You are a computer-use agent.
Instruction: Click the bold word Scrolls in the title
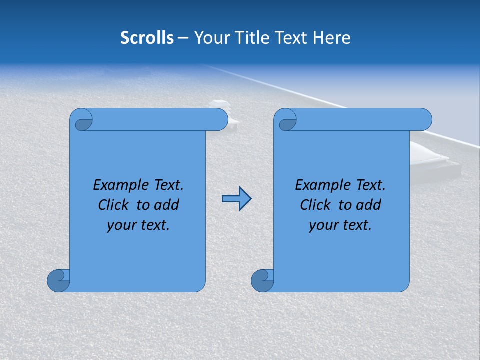(147, 38)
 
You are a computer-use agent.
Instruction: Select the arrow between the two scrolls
(236, 199)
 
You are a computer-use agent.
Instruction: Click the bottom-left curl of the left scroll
(59, 280)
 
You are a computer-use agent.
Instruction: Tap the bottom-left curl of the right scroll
(262, 280)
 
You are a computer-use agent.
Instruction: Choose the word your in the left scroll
(120, 225)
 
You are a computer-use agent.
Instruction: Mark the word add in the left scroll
(167, 205)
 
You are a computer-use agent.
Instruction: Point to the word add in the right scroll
(369, 205)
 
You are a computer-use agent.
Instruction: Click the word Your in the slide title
(209, 38)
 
